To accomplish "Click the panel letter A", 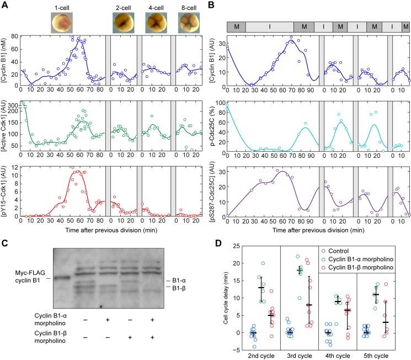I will click(4, 6).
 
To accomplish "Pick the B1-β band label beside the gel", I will click(177, 289).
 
